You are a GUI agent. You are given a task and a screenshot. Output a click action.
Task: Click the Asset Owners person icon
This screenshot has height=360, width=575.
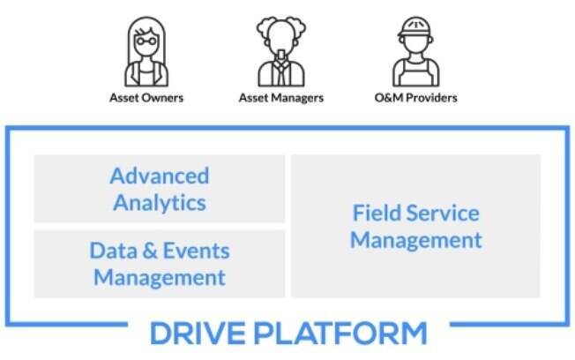tap(146, 51)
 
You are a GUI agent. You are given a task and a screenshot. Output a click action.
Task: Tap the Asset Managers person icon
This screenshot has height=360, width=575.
tap(281, 51)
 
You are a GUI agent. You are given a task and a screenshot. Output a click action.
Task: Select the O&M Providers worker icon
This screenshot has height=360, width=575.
tap(416, 51)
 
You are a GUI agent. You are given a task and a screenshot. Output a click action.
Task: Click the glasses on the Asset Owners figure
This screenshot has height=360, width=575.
tap(146, 41)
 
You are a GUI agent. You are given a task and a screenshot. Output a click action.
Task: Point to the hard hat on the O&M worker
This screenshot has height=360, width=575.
tap(415, 26)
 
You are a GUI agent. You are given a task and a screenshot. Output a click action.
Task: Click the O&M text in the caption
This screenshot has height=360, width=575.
tap(389, 98)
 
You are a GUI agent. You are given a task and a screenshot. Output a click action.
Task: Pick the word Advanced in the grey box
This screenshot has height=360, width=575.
tap(160, 176)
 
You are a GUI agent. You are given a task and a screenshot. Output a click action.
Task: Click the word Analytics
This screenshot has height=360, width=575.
tap(160, 203)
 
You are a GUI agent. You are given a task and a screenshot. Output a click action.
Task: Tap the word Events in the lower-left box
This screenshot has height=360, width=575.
tap(196, 251)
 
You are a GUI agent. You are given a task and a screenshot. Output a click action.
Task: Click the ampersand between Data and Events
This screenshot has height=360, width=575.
tap(150, 251)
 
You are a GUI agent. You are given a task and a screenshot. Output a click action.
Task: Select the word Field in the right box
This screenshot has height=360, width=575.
tap(376, 213)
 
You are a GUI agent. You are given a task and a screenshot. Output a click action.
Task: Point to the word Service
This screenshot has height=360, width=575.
tap(443, 213)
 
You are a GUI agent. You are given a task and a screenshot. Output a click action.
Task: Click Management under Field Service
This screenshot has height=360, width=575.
tap(416, 241)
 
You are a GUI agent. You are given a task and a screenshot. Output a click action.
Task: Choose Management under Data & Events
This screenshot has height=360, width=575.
tap(160, 278)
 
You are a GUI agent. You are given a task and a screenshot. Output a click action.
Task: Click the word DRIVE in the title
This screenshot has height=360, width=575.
tap(198, 334)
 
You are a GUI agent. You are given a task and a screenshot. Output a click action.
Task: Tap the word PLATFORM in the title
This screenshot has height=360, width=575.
tap(340, 334)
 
